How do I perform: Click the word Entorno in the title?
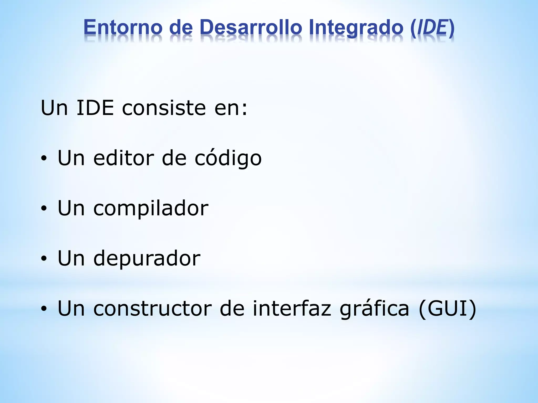point(123,27)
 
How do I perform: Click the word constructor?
point(152,309)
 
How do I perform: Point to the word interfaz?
point(292,308)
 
